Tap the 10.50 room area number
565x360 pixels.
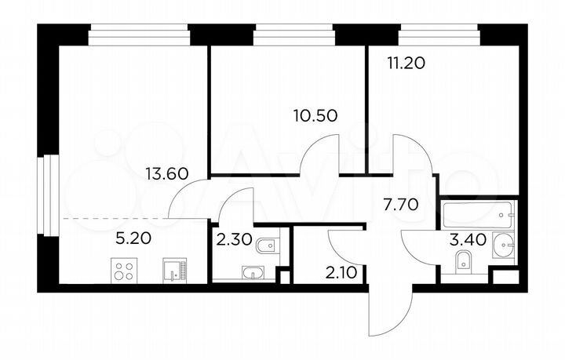tap(315, 116)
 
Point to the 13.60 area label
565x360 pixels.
tap(166, 174)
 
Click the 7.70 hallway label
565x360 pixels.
tap(399, 206)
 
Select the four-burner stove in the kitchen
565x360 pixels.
tap(124, 271)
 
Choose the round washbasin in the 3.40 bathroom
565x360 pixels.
tap(503, 249)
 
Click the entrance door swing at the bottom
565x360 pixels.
tap(389, 314)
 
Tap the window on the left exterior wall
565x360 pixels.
tap(49, 195)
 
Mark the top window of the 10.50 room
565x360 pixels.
tap(295, 34)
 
